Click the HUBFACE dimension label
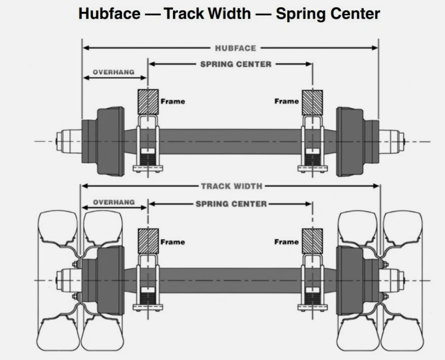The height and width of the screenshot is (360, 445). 235,48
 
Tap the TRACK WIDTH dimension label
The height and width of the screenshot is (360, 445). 232,186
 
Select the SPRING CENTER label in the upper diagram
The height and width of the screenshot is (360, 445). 235,64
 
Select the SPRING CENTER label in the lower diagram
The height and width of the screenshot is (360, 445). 231,204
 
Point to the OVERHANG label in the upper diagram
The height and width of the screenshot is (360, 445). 113,72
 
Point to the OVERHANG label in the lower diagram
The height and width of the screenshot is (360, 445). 113,203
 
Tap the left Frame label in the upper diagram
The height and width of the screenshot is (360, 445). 173,101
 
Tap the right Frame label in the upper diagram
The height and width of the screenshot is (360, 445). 286,101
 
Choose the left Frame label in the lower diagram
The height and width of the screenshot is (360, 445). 173,242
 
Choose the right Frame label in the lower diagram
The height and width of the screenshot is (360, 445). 286,242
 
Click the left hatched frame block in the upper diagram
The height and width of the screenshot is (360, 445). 148,102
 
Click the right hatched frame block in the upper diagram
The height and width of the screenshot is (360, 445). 312,102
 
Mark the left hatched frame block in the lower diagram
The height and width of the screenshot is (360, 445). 148,241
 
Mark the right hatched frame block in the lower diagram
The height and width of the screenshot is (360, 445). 312,241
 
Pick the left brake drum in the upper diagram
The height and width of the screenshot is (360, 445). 110,141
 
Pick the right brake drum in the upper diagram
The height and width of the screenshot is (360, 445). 349,141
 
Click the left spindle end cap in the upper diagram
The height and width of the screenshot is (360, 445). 63,140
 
